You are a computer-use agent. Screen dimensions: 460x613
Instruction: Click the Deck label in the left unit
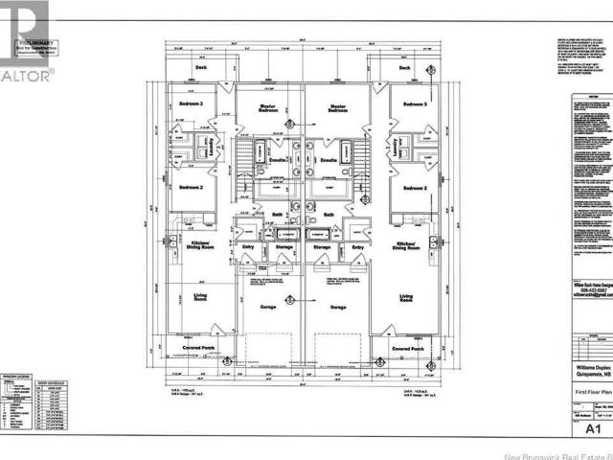click(200, 67)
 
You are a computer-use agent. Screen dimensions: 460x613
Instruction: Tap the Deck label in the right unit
click(404, 67)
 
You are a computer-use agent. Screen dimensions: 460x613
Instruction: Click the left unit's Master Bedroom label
click(268, 109)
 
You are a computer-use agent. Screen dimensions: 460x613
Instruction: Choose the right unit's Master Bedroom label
click(337, 109)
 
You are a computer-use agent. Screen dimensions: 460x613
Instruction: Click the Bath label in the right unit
click(328, 215)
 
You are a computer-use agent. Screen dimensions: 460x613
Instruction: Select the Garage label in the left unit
click(268, 308)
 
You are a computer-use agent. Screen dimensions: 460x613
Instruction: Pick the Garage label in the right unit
click(337, 308)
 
